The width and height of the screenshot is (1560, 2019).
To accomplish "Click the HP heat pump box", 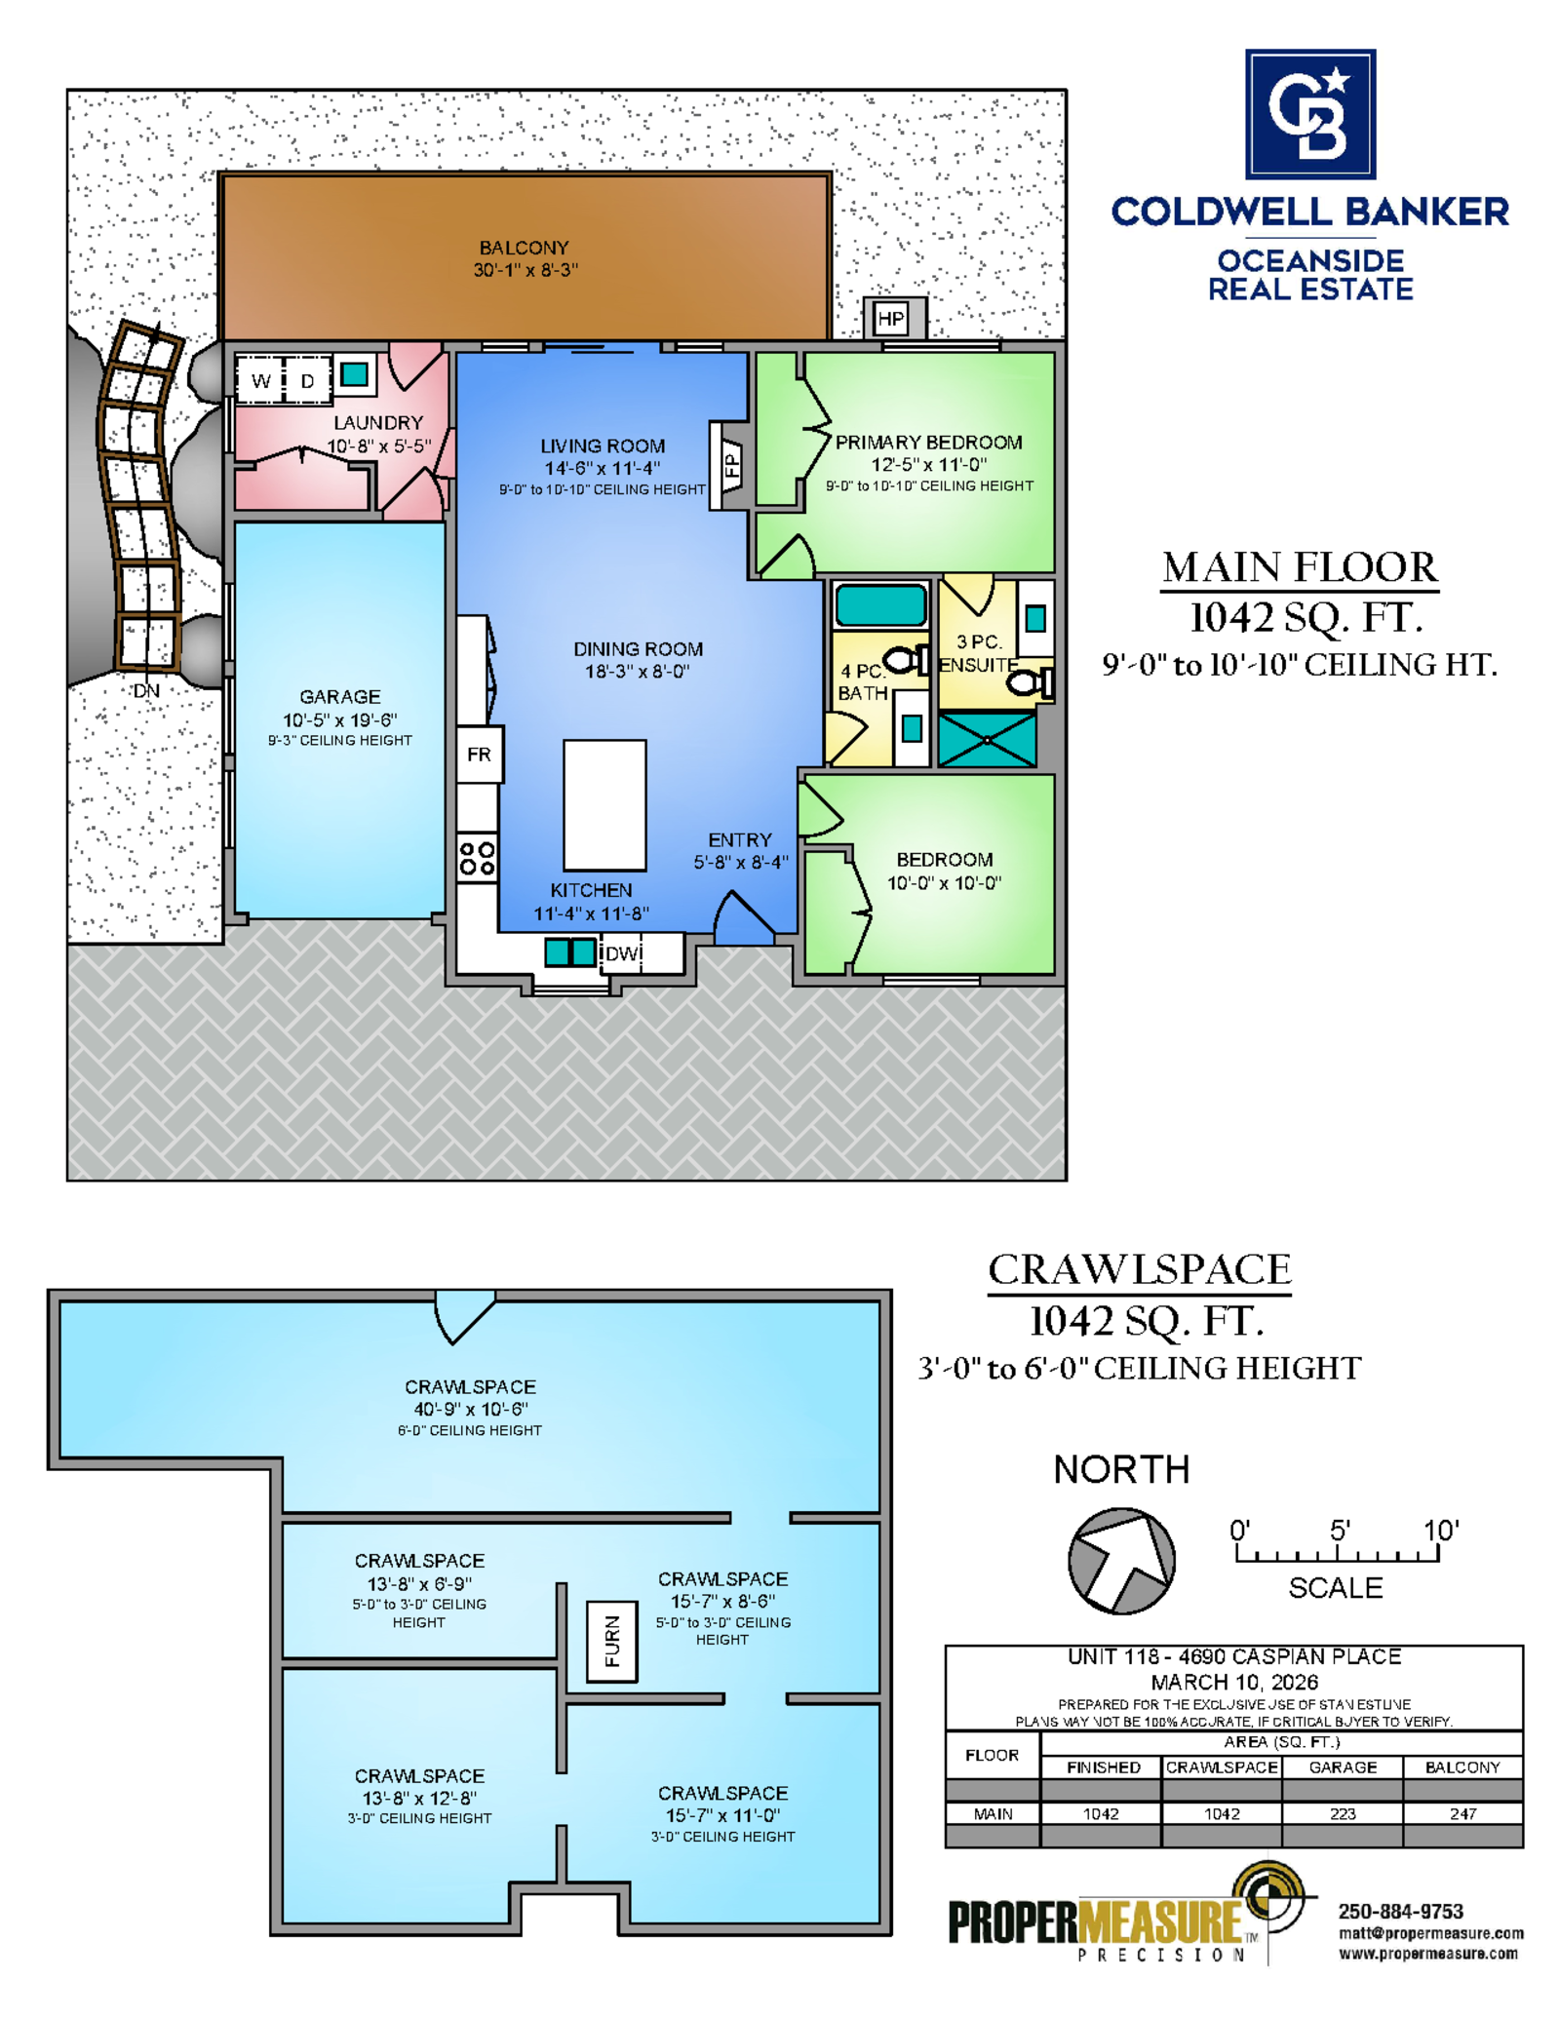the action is tap(890, 319).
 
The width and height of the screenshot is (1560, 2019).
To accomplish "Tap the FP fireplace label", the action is tap(731, 465).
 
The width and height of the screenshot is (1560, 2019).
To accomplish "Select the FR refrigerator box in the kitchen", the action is tap(480, 755).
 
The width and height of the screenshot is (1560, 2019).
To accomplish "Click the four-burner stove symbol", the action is tap(477, 858).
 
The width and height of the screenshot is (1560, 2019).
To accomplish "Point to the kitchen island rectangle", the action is tap(604, 805).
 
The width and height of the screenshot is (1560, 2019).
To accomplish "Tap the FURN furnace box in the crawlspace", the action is tap(612, 1642).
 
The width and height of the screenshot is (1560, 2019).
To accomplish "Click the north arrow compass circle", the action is tap(1121, 1561).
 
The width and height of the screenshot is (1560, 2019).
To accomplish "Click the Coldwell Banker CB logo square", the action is tap(1310, 114).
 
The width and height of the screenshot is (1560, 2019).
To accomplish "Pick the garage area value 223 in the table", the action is tap(1343, 1814).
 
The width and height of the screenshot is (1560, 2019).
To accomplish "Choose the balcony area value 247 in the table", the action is tap(1462, 1814).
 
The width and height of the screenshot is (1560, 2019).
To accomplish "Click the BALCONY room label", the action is tap(524, 248).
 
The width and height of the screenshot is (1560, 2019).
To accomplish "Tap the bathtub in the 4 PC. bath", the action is tap(881, 604).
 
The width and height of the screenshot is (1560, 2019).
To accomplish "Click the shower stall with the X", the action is tap(987, 740).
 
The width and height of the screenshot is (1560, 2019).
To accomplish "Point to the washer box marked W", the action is tap(260, 380).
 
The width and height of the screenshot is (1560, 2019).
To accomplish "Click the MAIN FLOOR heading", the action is tap(1300, 567).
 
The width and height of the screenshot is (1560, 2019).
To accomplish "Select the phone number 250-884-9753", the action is tap(1400, 1912).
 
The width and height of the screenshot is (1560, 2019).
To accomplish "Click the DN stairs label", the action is tap(146, 690).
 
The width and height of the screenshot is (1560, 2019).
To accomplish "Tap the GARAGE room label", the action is tap(340, 697).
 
